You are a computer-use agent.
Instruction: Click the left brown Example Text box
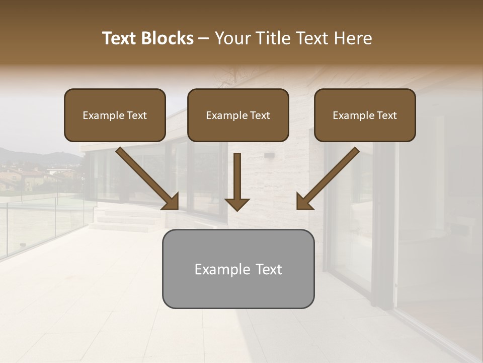115,115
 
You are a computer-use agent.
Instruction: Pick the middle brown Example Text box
238,115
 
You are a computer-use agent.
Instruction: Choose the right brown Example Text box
365,115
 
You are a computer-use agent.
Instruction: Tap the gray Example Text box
238,269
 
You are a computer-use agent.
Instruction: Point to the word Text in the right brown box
385,115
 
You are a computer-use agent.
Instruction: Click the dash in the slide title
204,39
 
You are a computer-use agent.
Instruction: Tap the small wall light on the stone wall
269,155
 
